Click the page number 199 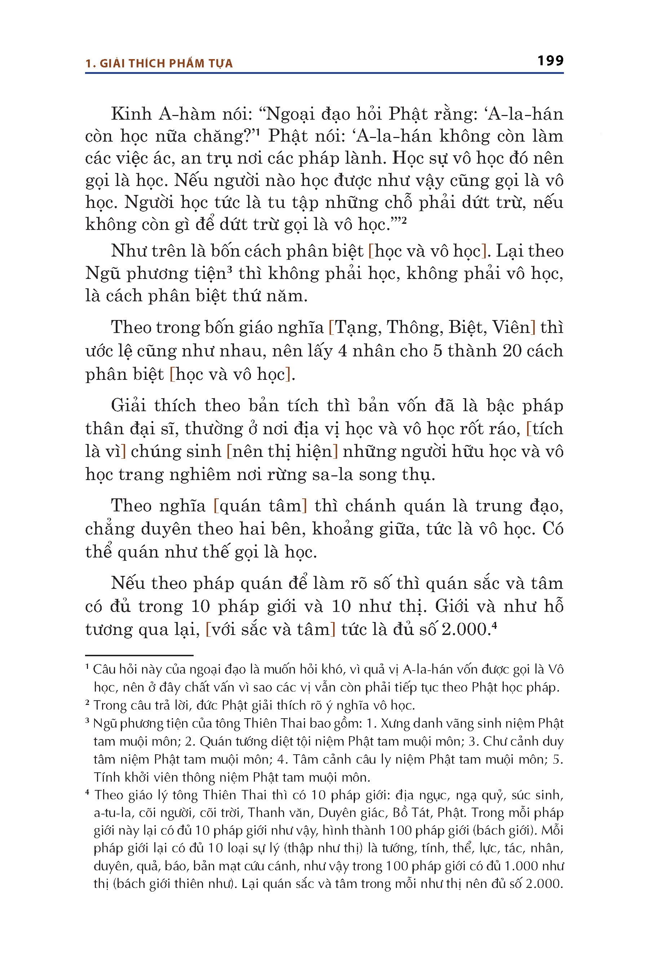click(550, 61)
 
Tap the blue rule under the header click(324, 73)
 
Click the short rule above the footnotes click(139, 655)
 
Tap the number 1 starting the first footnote click(87, 667)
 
